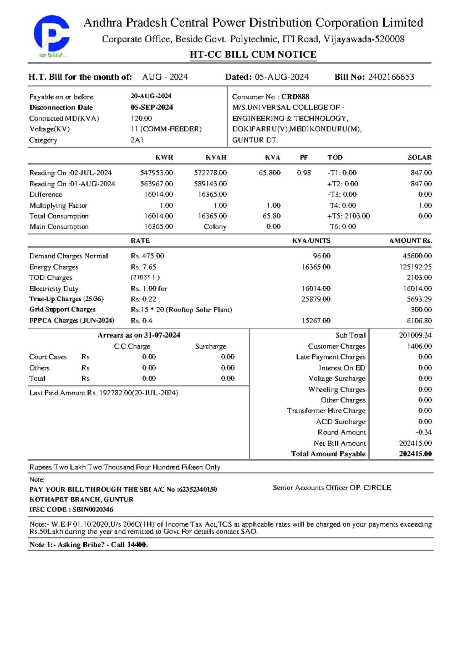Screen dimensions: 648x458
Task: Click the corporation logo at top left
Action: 52,35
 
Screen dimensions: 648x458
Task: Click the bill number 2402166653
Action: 391,77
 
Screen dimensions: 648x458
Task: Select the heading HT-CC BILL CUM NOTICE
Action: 253,55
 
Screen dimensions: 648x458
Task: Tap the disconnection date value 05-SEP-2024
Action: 152,107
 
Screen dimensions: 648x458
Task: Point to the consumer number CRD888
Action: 295,97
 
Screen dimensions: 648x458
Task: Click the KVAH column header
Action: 216,158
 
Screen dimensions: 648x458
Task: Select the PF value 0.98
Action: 304,173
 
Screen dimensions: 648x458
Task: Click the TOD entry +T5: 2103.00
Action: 348,216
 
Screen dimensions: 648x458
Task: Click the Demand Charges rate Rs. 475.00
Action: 147,256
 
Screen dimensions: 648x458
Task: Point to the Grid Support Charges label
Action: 62,309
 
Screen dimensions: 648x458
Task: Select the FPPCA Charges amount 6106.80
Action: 419,321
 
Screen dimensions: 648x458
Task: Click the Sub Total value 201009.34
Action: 415,335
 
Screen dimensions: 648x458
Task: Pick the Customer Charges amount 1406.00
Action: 419,346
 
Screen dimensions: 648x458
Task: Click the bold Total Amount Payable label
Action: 328,454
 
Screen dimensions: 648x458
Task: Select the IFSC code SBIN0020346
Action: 93,509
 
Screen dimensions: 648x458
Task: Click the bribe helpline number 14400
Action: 137,545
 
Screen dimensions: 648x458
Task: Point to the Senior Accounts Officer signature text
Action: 332,488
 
